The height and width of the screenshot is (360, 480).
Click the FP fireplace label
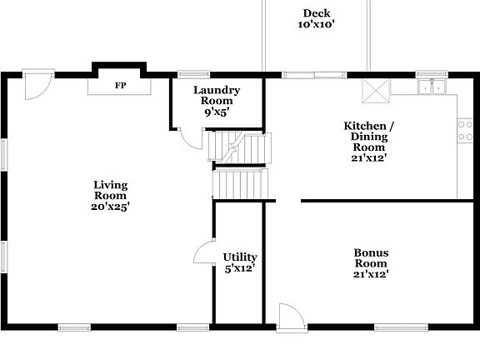[120, 86]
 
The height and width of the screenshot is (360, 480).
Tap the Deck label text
[316, 12]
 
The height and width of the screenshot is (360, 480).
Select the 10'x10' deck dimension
[316, 25]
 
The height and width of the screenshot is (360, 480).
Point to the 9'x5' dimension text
[217, 112]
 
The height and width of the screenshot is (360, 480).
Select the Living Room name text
[110, 190]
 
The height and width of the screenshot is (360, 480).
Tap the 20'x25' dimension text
[110, 206]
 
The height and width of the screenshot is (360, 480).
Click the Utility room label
[240, 257]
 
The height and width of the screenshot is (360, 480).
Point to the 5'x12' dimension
[240, 268]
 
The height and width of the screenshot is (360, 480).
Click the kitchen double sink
[432, 85]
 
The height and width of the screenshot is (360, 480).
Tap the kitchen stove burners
[465, 129]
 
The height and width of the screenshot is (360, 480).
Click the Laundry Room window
[193, 75]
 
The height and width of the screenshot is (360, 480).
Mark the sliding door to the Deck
[314, 75]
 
